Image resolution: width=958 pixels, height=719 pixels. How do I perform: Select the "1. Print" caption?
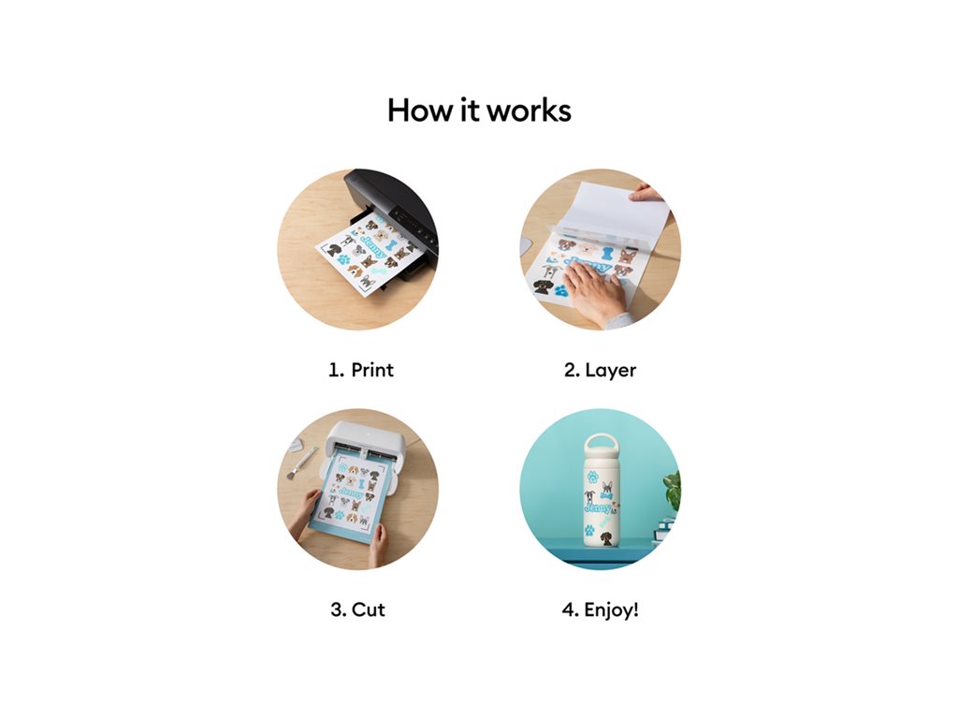click(361, 370)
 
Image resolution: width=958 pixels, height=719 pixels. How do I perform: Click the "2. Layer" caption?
click(600, 371)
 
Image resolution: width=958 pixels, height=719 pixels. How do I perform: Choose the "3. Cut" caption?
click(358, 609)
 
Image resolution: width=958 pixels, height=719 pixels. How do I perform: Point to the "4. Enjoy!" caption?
click(600, 610)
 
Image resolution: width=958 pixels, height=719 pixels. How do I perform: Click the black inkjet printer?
click(391, 217)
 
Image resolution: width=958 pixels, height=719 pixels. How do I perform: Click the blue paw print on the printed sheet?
click(344, 259)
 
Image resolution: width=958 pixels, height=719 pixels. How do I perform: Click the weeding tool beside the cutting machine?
click(301, 462)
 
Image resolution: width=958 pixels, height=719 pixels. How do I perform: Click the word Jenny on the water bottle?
click(598, 507)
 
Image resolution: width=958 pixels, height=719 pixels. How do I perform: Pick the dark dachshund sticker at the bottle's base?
click(605, 538)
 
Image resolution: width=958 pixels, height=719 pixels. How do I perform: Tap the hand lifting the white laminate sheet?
click(646, 193)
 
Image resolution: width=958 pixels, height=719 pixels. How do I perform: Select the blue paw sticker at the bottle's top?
click(592, 477)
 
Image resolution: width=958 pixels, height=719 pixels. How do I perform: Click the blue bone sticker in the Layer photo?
click(606, 253)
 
